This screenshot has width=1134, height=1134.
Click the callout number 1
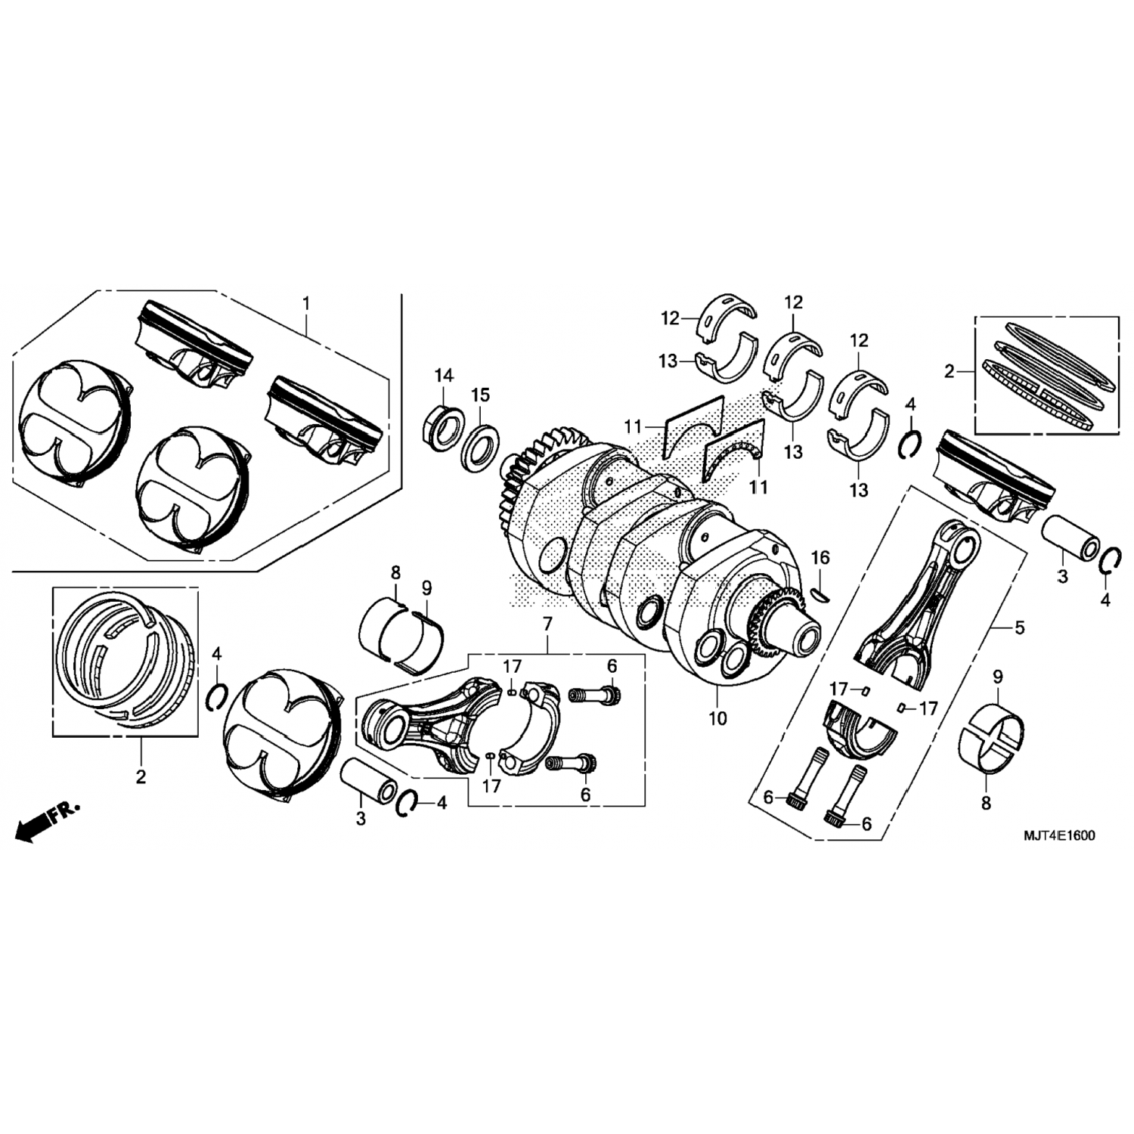[306, 303]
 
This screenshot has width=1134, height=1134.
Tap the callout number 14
[443, 375]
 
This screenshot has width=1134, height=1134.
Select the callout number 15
[481, 395]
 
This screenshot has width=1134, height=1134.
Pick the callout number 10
[717, 718]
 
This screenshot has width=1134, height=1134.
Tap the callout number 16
[820, 558]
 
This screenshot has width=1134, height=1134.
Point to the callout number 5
[1020, 627]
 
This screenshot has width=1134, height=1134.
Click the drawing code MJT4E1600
[1058, 836]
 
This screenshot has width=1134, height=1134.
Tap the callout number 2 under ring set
[141, 776]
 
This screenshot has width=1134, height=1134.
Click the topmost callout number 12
[671, 318]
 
